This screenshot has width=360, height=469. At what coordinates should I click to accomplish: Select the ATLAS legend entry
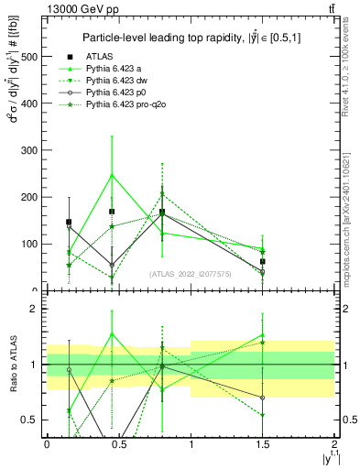pyautogui.click(x=100, y=58)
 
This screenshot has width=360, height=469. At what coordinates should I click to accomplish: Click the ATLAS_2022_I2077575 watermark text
pyautogui.click(x=191, y=274)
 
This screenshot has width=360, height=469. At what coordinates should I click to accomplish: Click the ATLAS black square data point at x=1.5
pyautogui.click(x=263, y=261)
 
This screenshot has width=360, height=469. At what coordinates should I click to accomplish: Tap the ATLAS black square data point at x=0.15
pyautogui.click(x=69, y=222)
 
